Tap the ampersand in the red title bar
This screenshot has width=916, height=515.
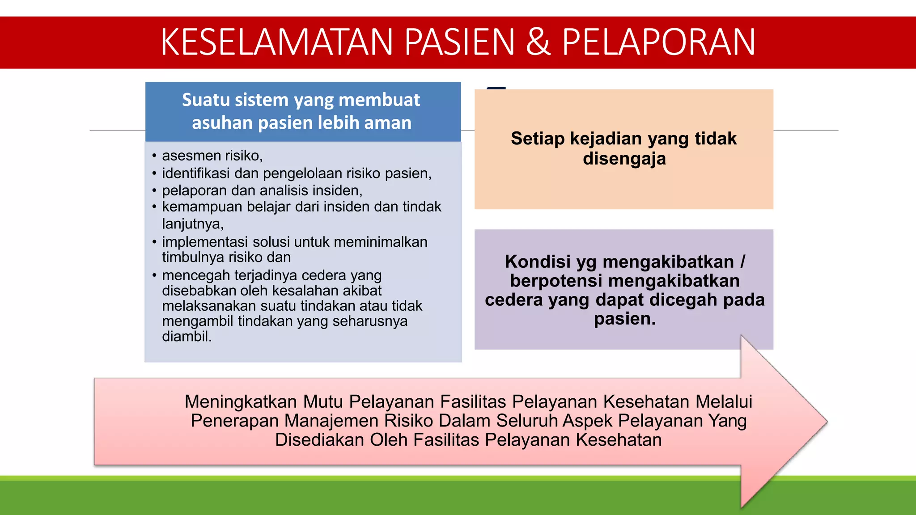pos(538,42)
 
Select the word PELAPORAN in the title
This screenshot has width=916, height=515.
pos(658,42)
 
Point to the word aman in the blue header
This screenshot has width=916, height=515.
pos(388,123)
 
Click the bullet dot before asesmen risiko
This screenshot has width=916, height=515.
pos(154,156)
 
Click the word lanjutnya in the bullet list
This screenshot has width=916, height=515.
pos(192,224)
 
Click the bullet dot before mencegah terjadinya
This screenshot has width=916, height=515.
pos(154,275)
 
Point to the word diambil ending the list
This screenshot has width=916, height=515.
pos(187,336)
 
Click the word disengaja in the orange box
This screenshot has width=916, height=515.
pos(624,159)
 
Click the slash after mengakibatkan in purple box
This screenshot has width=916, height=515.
pos(742,262)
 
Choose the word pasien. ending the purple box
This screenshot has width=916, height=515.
pos(624,319)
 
